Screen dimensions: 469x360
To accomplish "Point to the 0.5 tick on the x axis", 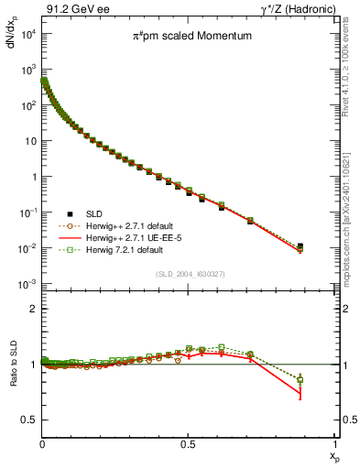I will pyautogui.click(x=189, y=444).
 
